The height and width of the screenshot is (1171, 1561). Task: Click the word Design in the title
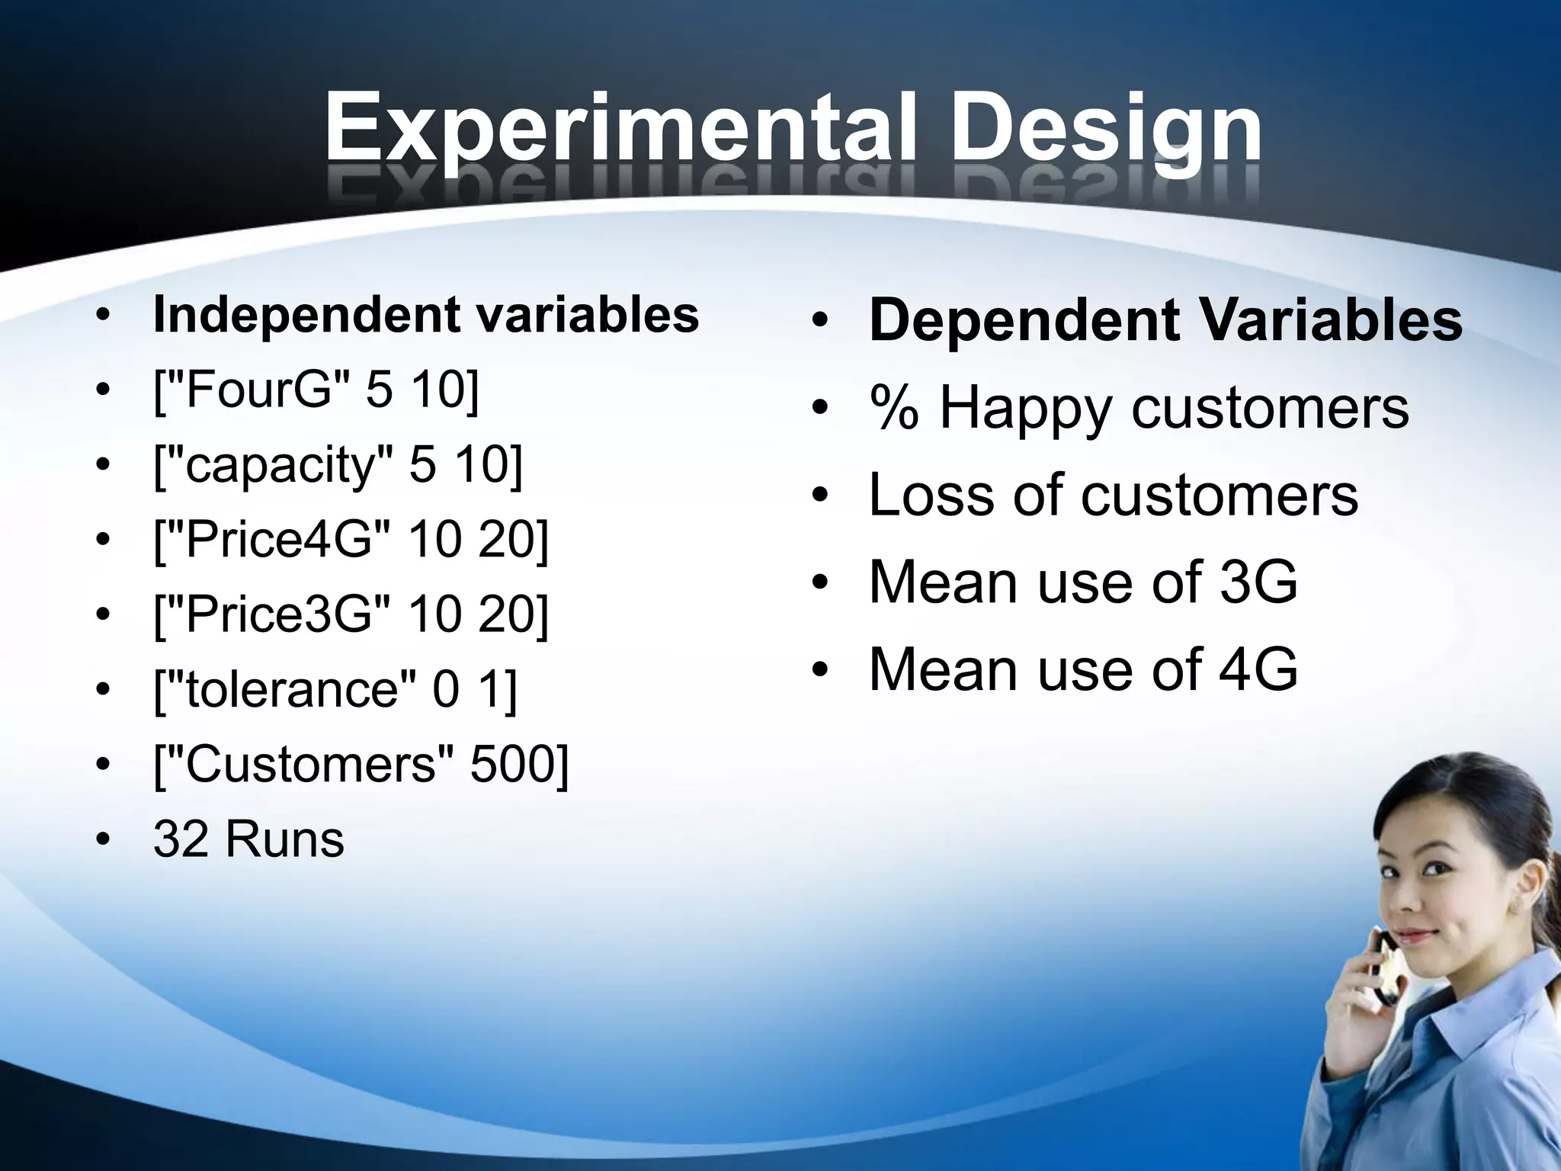(1106, 128)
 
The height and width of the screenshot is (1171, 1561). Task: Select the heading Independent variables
(425, 314)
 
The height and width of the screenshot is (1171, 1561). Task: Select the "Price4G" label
(279, 540)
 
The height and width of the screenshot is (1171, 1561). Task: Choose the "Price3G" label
(279, 614)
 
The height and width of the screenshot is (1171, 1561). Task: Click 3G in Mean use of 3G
(1258, 583)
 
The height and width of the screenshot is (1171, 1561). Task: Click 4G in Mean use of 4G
(1258, 670)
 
